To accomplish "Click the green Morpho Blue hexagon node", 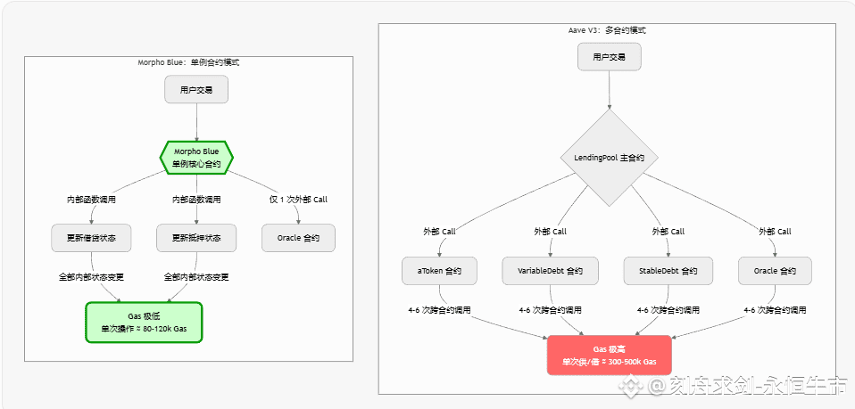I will pos(196,157).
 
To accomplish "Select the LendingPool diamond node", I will pos(609,157).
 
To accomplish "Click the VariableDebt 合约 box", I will pos(550,271).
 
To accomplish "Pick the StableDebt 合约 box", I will pos(668,271).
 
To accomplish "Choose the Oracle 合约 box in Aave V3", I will pos(775,271).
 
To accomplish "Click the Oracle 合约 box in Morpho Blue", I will pos(298,238).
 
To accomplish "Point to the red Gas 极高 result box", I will pos(609,355).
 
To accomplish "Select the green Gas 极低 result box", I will pos(144,322).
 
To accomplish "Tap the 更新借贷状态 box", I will pos(91,238).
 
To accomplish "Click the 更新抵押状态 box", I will pos(196,238).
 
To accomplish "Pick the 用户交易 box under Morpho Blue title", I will pos(196,90).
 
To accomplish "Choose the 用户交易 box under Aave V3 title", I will pos(609,56).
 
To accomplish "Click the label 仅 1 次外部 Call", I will pos(298,199).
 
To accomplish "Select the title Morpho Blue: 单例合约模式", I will pos(188,63).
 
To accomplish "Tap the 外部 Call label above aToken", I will pos(439,232).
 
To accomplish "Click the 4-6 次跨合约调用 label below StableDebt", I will pos(668,310).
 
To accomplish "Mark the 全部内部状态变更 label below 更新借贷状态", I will pos(91,277).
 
